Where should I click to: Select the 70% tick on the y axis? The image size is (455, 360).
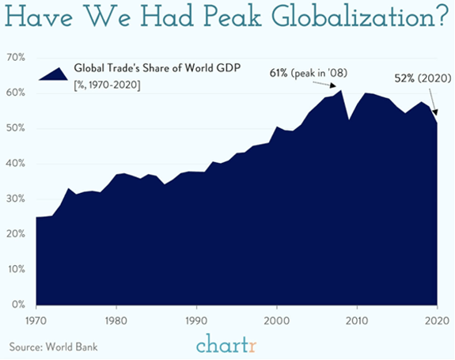point(17,59)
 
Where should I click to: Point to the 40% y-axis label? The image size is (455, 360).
point(17,164)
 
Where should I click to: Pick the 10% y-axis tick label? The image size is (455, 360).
point(17,269)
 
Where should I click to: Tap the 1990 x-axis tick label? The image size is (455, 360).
point(196,321)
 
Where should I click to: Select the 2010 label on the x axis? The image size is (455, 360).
point(357,321)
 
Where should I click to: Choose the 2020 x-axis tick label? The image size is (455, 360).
point(435,321)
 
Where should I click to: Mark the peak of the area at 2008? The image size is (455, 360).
point(341,91)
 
